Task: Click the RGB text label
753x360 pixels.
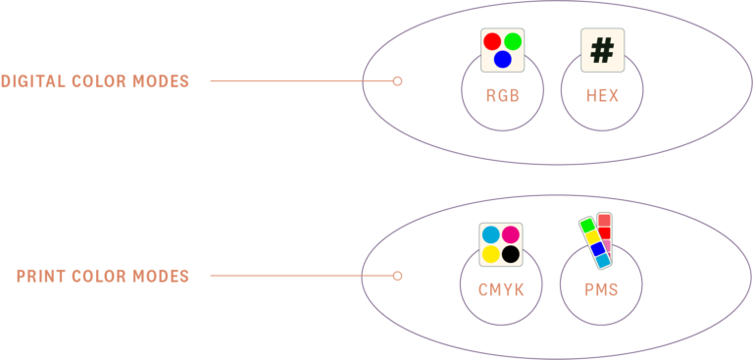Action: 502,96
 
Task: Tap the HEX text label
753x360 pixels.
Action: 602,96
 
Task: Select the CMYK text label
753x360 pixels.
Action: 501,290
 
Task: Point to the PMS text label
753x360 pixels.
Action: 601,290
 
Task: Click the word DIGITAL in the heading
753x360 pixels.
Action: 33,81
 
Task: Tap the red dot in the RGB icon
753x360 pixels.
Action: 492,42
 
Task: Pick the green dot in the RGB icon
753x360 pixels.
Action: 513,42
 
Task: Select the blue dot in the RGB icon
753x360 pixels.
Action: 502,60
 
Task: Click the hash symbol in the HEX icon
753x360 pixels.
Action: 602,49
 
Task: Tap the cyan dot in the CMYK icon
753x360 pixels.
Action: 490,234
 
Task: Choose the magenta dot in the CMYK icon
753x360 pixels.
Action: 511,234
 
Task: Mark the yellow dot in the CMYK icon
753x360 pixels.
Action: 490,255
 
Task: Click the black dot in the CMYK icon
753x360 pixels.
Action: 511,255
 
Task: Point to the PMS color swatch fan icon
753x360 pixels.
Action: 596,241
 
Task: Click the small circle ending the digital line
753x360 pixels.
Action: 397,81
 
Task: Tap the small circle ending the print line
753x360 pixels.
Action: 397,277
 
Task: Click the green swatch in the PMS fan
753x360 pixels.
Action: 586,225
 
